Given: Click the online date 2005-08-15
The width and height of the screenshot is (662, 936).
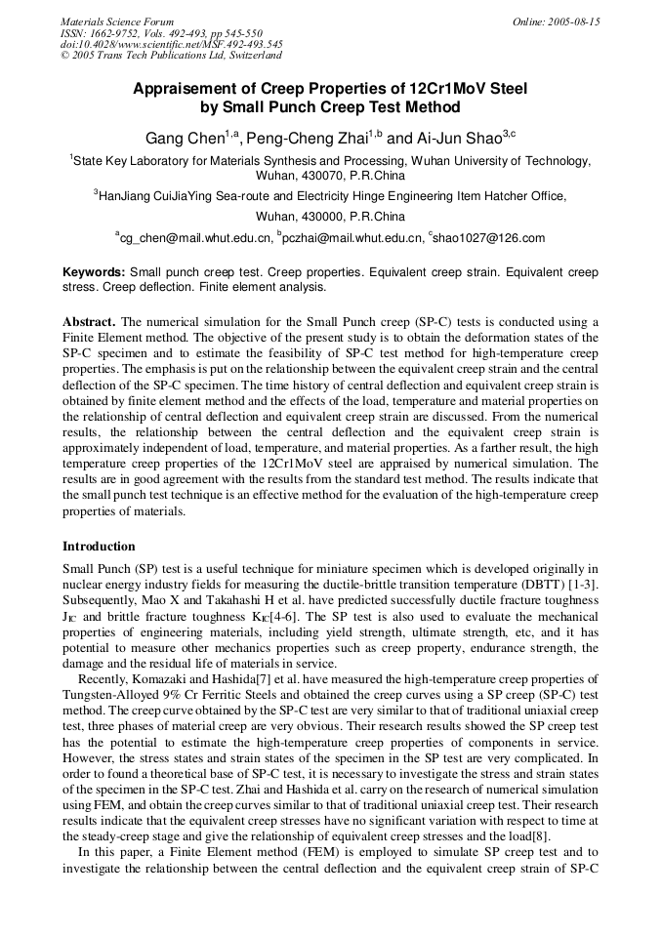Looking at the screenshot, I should [x=573, y=21].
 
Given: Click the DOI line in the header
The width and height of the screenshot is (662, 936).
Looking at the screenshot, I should [x=172, y=44].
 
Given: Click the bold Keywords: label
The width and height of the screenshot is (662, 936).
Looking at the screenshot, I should [x=94, y=272].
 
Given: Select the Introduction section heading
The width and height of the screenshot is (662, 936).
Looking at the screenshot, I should [x=99, y=546].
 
